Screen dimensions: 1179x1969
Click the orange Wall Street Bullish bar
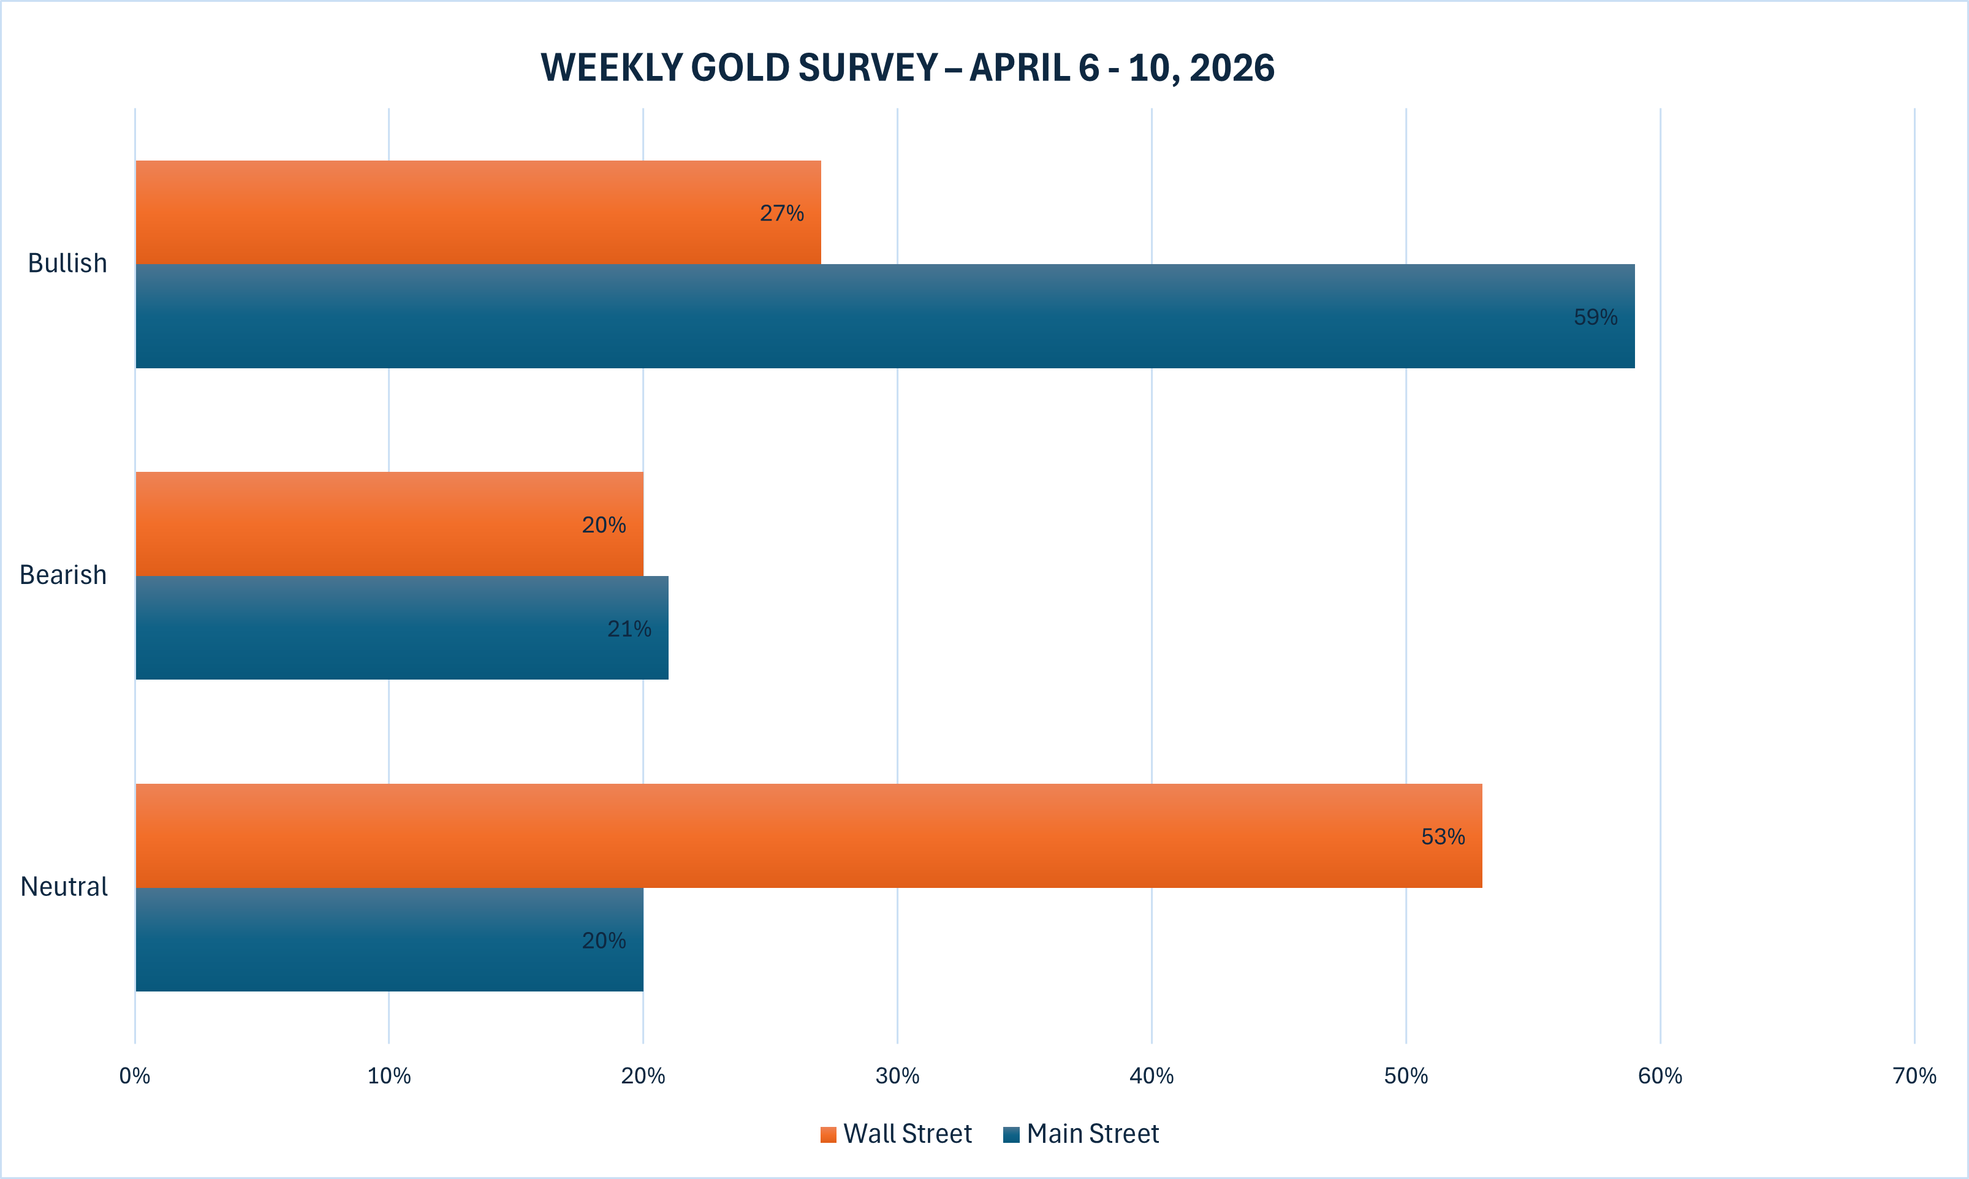tap(477, 212)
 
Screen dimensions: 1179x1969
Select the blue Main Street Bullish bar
tap(874, 316)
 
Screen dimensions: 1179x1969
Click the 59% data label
tap(1595, 317)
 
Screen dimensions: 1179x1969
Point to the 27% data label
tap(781, 213)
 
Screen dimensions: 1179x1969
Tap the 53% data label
tap(1443, 836)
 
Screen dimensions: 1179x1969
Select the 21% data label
tap(629, 629)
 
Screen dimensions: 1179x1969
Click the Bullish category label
tap(67, 263)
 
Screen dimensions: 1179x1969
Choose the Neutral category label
tap(64, 886)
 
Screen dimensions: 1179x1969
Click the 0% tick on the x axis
tap(134, 1075)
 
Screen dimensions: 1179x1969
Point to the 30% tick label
tap(897, 1075)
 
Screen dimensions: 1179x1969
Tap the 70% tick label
tap(1914, 1075)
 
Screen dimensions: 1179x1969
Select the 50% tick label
tap(1405, 1075)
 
